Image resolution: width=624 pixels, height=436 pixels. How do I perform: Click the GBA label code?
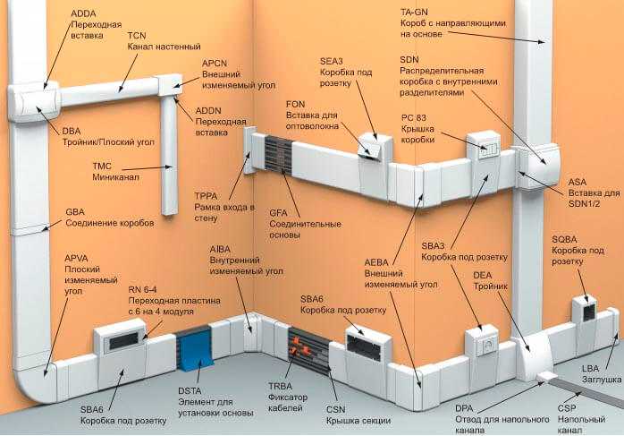(77, 212)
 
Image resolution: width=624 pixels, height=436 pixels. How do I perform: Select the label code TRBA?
(282, 386)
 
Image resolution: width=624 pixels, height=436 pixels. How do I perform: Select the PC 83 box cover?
(487, 145)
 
